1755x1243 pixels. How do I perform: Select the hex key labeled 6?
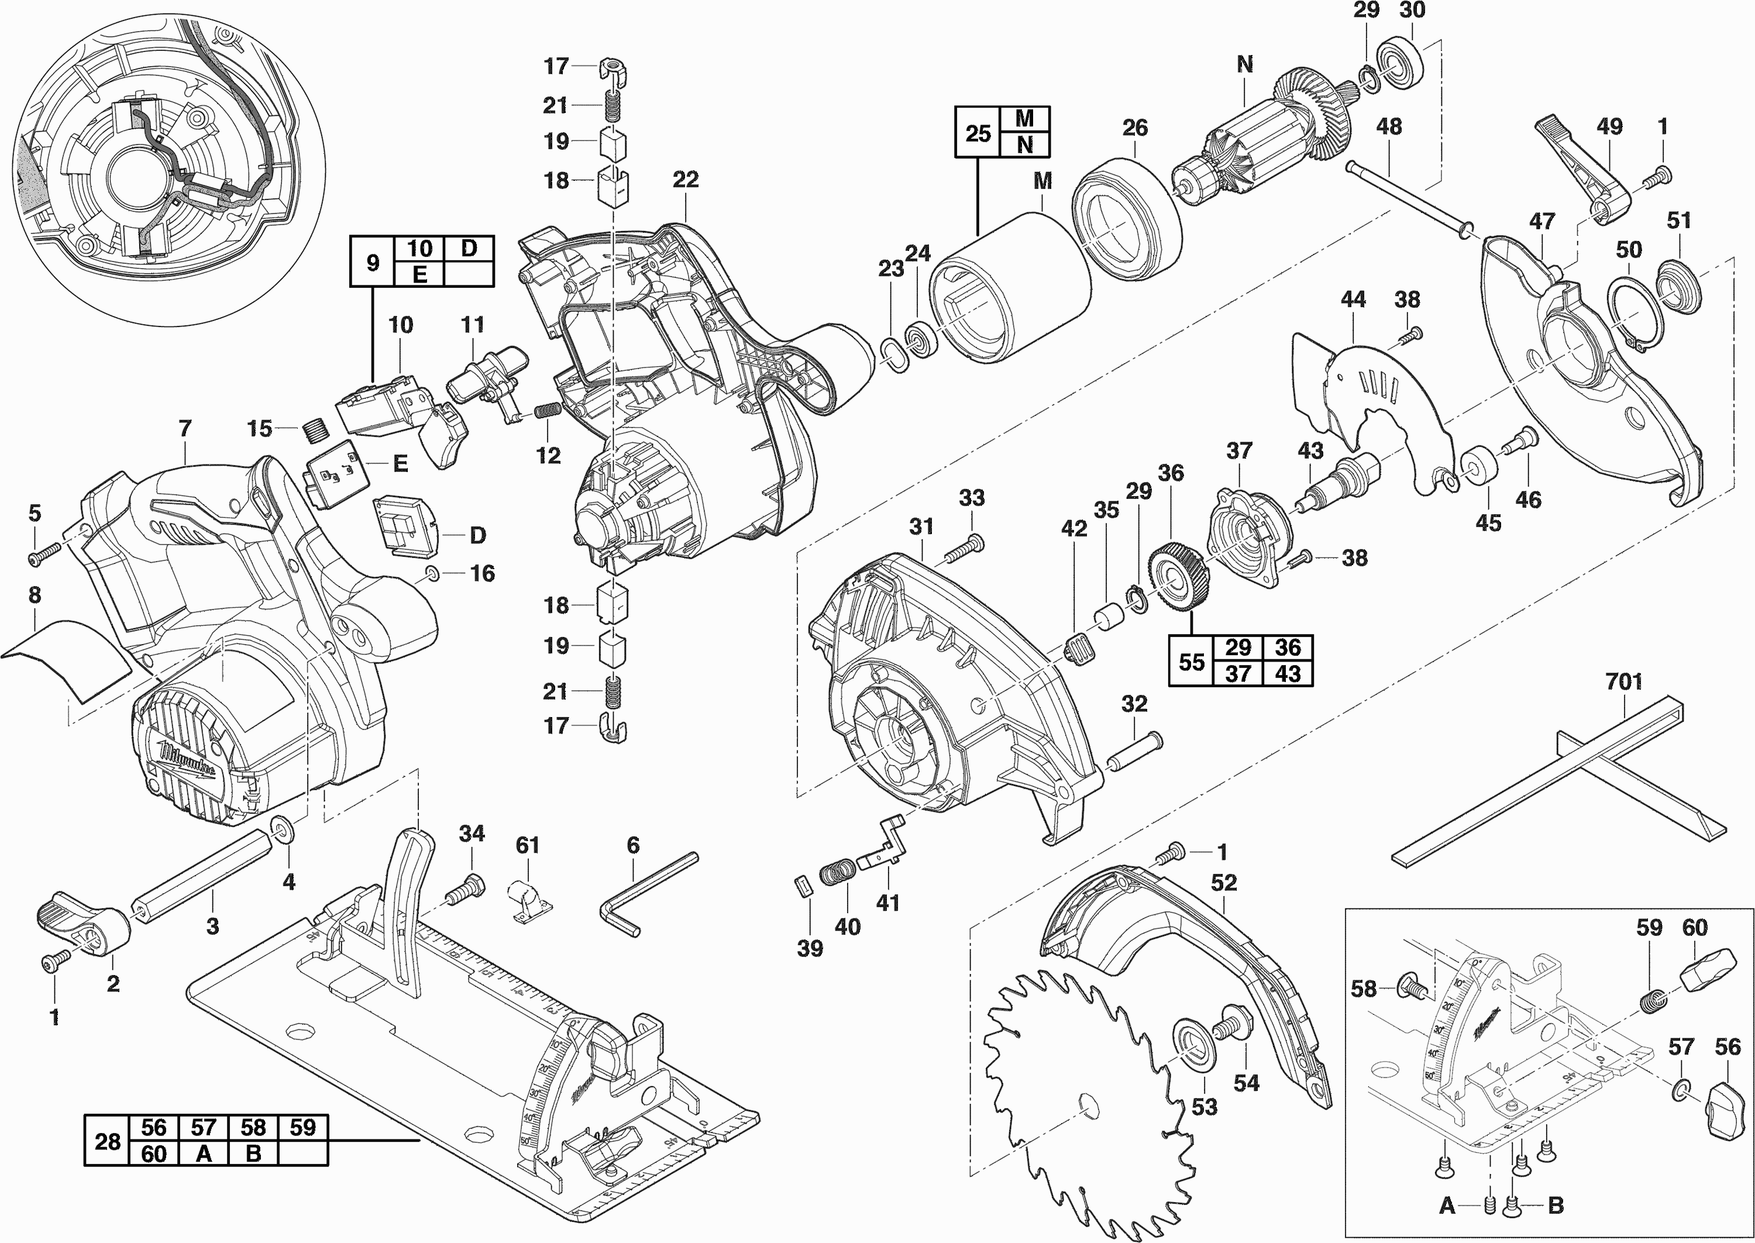point(649,891)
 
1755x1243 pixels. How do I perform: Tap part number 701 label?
point(1623,681)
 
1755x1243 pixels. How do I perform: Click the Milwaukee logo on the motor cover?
point(188,762)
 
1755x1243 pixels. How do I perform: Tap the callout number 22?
point(685,180)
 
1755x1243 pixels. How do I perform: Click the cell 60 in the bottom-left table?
point(153,1153)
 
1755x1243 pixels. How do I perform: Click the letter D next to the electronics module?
point(477,535)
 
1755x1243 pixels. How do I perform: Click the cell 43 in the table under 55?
point(1288,673)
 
